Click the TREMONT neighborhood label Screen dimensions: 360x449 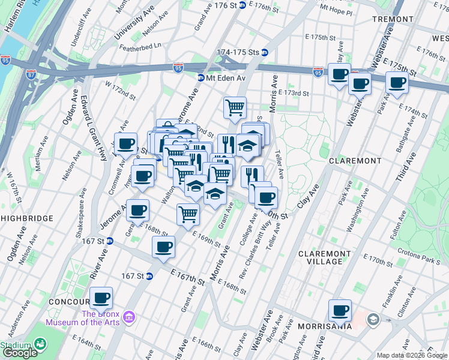click(393, 19)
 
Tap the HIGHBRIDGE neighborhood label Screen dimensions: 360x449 click(28, 218)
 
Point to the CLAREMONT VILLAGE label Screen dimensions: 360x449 click(325, 258)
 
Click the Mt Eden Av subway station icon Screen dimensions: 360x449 click(201, 78)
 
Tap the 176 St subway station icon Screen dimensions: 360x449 click(242, 5)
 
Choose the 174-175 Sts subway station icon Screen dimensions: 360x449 click(264, 52)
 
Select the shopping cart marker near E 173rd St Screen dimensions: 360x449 click(235, 108)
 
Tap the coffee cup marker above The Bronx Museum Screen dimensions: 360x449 click(101, 298)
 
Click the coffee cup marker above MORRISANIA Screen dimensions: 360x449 click(340, 310)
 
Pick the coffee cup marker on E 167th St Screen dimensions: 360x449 click(163, 247)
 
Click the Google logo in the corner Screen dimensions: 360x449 click(20, 353)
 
